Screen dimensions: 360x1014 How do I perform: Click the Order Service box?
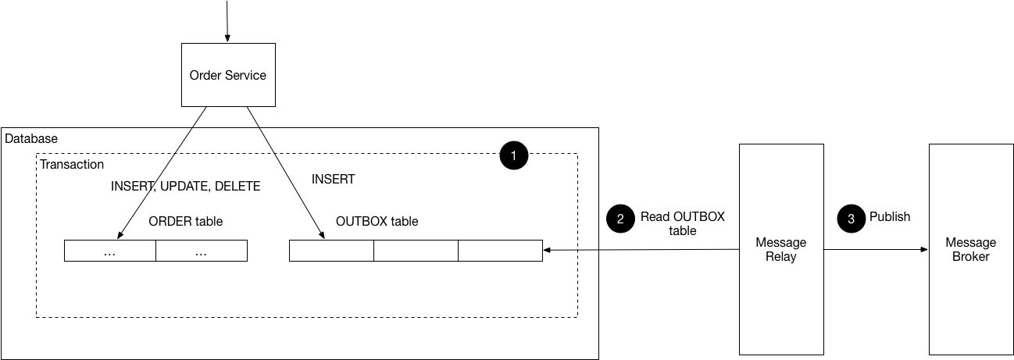(x=228, y=75)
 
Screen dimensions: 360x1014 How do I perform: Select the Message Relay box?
(x=781, y=249)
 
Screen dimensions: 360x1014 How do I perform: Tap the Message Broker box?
(x=970, y=249)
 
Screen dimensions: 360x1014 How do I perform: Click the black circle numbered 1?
(x=513, y=156)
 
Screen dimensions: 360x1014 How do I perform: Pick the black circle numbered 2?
(x=620, y=219)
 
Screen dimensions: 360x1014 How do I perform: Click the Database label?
(x=31, y=138)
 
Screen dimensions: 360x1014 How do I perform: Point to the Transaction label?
(x=72, y=164)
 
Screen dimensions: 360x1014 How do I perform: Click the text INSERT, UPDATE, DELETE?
(x=185, y=187)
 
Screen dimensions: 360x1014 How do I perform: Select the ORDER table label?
(x=185, y=221)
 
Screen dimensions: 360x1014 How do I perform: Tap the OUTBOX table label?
(x=377, y=221)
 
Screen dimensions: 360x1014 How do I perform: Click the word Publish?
(x=890, y=216)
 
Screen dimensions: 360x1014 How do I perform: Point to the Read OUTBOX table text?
(x=682, y=223)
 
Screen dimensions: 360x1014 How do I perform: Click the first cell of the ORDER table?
(x=110, y=251)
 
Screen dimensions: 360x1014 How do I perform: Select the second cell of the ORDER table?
(x=202, y=251)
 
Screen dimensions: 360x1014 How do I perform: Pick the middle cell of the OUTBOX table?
(x=416, y=251)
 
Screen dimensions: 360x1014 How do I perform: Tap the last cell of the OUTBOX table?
(x=500, y=251)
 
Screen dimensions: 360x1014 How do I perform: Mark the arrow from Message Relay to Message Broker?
(x=876, y=250)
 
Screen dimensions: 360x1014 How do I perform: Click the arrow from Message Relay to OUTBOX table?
(x=641, y=250)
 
